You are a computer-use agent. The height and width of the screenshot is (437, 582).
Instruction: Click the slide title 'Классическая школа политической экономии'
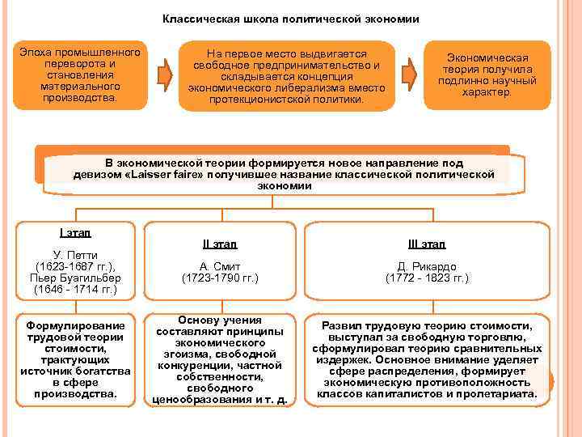click(291, 18)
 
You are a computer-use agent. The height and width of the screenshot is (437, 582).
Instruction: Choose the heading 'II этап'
click(219, 244)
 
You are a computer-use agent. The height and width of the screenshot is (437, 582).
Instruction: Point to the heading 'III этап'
click(427, 244)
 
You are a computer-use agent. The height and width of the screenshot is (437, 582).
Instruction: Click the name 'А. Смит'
click(219, 265)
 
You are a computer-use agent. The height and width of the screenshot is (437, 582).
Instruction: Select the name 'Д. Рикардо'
click(427, 265)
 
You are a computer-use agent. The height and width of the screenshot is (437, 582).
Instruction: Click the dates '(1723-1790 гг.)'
click(219, 278)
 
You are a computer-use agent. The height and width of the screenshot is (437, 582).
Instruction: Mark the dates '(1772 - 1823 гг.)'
click(427, 278)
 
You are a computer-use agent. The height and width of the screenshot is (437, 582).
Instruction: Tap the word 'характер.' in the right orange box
click(487, 92)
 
